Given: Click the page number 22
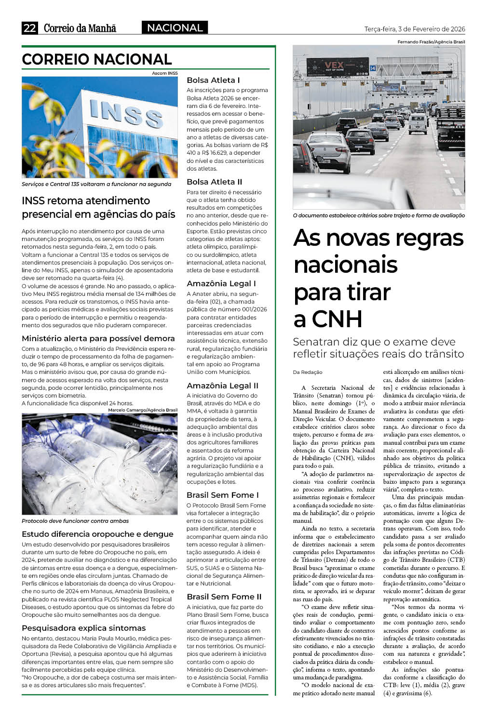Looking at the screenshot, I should point(29,28).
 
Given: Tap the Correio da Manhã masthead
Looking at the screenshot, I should point(80,28).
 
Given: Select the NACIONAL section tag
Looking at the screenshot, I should point(175,28).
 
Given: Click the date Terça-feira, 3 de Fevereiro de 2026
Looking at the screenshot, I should point(415,29).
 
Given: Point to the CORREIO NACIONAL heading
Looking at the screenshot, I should point(97,59).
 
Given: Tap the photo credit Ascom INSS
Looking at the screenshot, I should point(165,73).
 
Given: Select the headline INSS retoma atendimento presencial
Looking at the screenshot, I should point(98,207).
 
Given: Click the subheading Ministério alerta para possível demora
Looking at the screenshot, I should point(98,338).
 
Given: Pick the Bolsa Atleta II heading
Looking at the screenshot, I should point(215,182).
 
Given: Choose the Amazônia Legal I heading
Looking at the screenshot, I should point(221,283).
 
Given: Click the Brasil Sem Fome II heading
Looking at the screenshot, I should point(224,597).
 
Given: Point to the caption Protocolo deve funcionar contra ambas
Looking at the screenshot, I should point(75,521).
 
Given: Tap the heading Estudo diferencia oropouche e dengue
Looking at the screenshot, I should point(97,534).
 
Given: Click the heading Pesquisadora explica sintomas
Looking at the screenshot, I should point(83,628).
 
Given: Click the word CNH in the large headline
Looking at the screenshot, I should point(337,319).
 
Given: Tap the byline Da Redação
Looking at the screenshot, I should point(308,372).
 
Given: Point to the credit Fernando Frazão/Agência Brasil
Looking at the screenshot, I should point(431,42).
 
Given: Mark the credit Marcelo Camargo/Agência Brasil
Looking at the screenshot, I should point(143,410).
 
